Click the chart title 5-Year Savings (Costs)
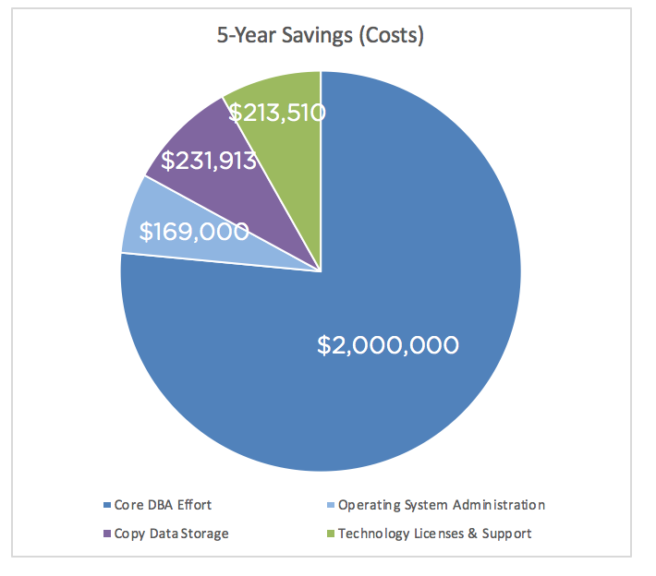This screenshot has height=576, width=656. [x=320, y=37]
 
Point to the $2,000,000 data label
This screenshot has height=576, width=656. [x=387, y=345]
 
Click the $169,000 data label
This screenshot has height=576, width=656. [x=194, y=232]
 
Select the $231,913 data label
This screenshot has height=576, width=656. [x=209, y=161]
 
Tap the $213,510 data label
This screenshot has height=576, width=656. [x=277, y=113]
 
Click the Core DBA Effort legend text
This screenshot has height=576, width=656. [x=164, y=505]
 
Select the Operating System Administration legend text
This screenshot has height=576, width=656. [x=442, y=505]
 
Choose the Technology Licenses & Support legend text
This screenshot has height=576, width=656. [x=434, y=534]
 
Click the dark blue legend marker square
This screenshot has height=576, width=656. [x=105, y=506]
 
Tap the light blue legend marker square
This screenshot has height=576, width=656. [x=331, y=506]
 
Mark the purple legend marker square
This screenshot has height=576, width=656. [x=105, y=534]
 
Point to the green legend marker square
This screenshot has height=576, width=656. [x=331, y=534]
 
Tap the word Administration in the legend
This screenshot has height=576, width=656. [x=499, y=505]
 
